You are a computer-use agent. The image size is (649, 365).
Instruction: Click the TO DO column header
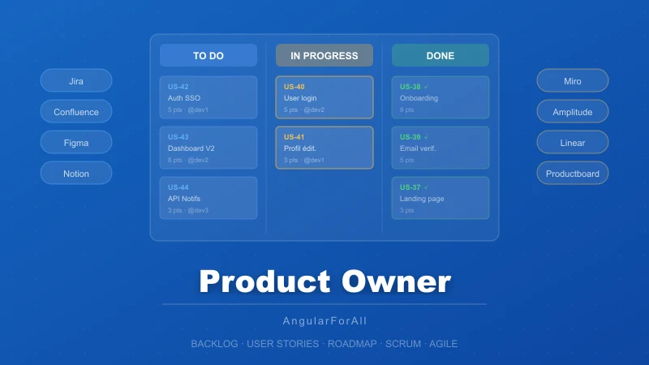[x=208, y=56]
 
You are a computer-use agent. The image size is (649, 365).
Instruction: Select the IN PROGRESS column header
[x=324, y=56]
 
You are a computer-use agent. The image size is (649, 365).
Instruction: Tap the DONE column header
[x=441, y=56]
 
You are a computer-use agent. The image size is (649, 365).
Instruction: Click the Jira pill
[x=76, y=81]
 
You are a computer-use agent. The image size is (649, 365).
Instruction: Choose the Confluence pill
[x=76, y=112]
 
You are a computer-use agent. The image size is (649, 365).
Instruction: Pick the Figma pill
[x=76, y=143]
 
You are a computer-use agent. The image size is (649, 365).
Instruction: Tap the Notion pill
[x=76, y=174]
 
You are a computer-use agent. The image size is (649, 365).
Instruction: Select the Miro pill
[x=573, y=81]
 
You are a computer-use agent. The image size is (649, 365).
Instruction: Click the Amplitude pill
[x=573, y=112]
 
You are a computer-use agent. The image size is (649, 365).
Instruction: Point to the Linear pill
[x=573, y=143]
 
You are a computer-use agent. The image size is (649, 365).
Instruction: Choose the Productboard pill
[x=573, y=174]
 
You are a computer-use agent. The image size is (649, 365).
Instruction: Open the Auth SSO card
[x=208, y=97]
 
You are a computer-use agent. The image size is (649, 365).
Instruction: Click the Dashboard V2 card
[x=208, y=148]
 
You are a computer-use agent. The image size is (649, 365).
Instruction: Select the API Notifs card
[x=208, y=198]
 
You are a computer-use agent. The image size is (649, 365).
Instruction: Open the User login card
[x=324, y=97]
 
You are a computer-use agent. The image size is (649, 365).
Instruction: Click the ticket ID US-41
[x=294, y=137]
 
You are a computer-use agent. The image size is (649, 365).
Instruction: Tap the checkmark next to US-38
[x=427, y=87]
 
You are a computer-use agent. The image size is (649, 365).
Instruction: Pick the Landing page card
[x=441, y=198]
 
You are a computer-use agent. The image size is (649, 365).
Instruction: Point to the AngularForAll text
[x=324, y=321]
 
